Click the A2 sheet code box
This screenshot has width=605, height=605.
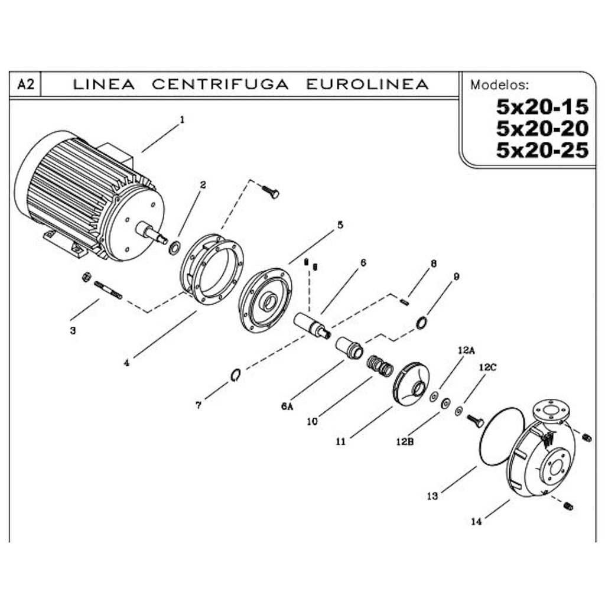[x=25, y=85]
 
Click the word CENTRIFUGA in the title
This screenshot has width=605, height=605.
[x=220, y=84]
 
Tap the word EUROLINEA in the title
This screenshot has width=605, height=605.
[x=367, y=84]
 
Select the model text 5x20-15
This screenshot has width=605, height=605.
[x=542, y=107]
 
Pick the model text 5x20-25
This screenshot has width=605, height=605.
[x=542, y=151]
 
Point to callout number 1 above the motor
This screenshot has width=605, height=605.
[x=181, y=119]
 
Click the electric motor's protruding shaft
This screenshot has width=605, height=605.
[x=151, y=232]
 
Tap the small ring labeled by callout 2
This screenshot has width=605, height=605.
[x=175, y=248]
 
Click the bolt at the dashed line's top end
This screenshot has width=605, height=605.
[x=271, y=191]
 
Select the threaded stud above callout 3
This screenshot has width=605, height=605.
[x=108, y=290]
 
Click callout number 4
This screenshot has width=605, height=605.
[x=126, y=363]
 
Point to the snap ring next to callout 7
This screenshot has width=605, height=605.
[x=235, y=375]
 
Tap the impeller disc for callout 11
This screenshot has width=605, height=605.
[x=411, y=384]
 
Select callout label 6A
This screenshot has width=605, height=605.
[x=287, y=406]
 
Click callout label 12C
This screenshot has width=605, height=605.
[x=487, y=367]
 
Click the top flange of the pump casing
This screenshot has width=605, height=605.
[x=549, y=410]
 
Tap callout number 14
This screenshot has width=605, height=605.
[x=477, y=521]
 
